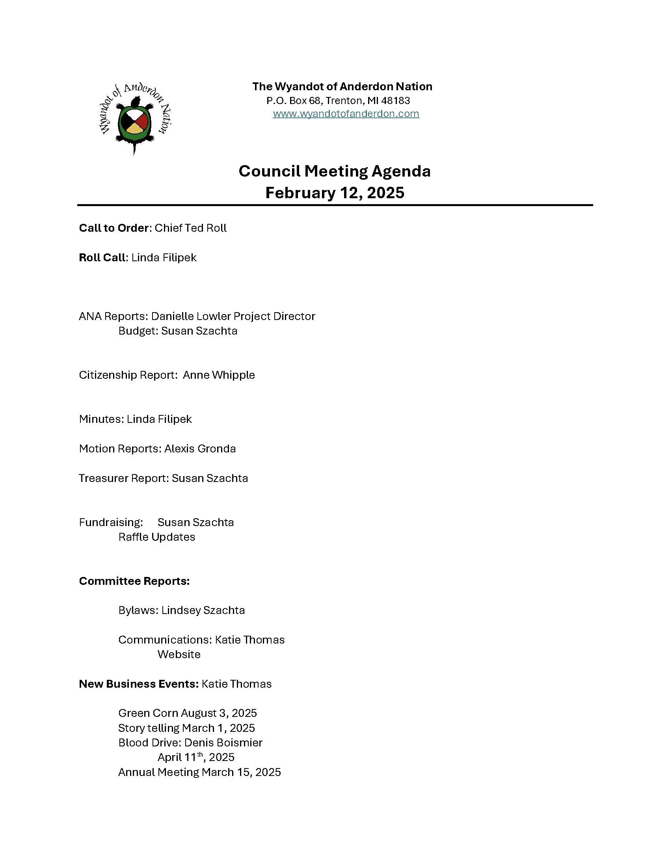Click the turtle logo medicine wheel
pos(134,120)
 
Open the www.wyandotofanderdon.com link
pos(346,114)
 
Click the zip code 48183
pos(395,100)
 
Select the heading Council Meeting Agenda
pos(335,171)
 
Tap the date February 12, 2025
pos(335,193)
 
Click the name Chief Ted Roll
pos(190,228)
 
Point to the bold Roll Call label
pos(102,258)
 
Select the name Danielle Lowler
pos(191,316)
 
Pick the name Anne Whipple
pos(219,375)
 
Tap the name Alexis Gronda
pos(200,448)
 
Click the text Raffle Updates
pos(157,537)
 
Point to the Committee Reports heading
pos(134,581)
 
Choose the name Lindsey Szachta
pos(203,610)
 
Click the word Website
pos(179,654)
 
